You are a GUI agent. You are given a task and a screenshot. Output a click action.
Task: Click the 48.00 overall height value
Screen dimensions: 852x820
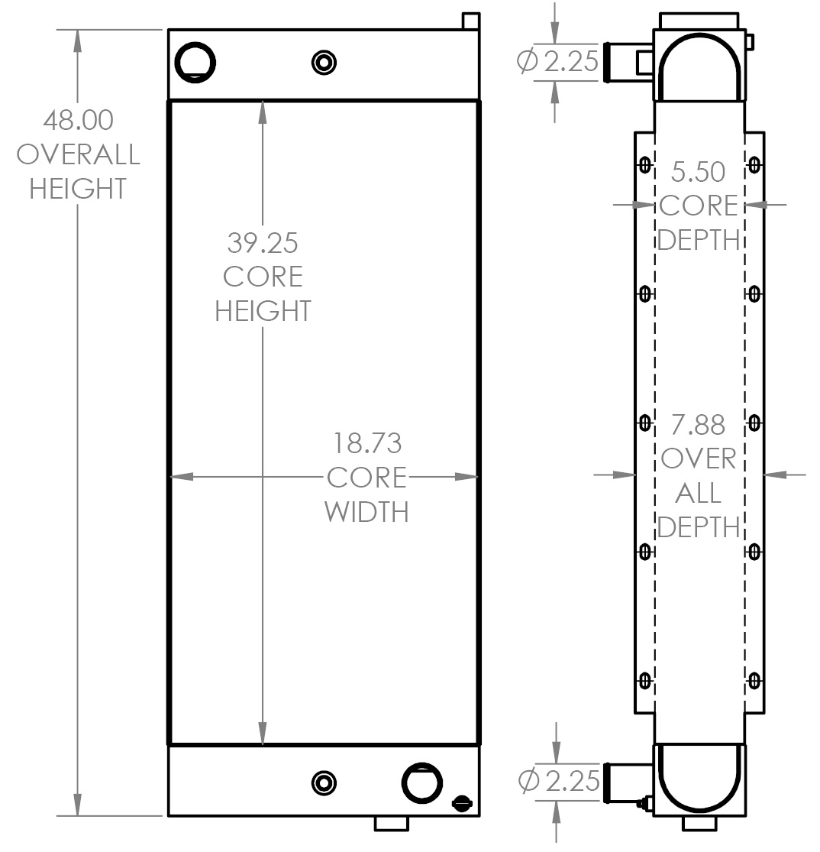(78, 120)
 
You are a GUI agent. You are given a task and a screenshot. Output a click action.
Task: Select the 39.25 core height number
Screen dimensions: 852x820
(262, 243)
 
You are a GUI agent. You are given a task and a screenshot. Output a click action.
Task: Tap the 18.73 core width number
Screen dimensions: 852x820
(367, 443)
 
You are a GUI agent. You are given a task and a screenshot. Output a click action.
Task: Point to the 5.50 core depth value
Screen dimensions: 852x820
(699, 172)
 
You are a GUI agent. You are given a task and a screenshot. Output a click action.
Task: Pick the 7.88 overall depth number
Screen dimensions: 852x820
(699, 425)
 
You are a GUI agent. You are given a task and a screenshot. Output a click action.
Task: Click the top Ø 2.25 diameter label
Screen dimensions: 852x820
(558, 61)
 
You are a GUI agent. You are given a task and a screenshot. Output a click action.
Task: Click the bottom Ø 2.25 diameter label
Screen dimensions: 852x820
(558, 781)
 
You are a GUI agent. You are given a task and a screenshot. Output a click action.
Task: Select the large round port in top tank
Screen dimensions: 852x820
(195, 61)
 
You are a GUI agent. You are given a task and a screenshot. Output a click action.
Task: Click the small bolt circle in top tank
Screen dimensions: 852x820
(325, 61)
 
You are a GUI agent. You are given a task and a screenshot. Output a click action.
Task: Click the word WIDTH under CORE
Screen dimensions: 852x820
(367, 511)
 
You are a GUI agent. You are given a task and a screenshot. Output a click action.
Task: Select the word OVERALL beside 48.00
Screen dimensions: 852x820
(78, 154)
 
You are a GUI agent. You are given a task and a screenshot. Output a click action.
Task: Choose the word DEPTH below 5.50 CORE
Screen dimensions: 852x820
(699, 240)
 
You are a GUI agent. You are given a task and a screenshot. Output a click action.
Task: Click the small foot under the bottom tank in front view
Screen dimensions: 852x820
(391, 823)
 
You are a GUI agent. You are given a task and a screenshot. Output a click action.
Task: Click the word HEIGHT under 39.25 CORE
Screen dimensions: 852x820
(262, 311)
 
